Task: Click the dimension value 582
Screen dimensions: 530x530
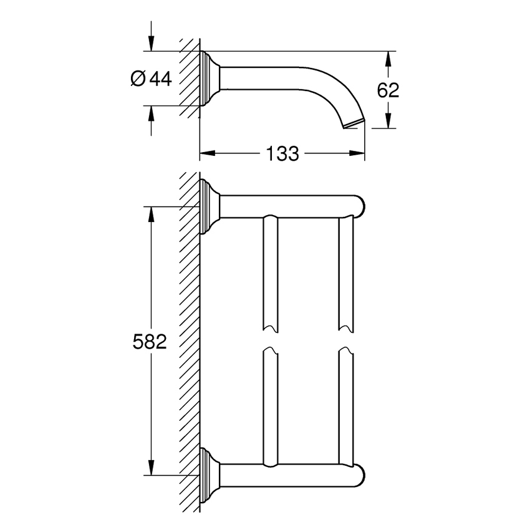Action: click(x=150, y=341)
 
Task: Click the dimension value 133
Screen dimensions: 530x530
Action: click(x=282, y=153)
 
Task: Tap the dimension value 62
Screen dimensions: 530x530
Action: click(x=388, y=90)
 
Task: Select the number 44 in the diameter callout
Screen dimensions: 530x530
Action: click(x=160, y=79)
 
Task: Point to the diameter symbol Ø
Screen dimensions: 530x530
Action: click(x=138, y=79)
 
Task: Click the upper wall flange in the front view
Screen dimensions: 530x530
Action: click(x=208, y=206)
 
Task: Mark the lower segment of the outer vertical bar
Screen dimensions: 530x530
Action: click(x=345, y=405)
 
